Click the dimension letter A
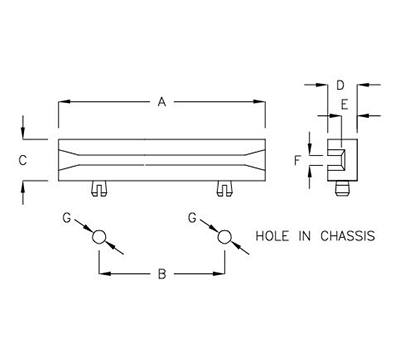click(x=161, y=100)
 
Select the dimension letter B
click(x=160, y=275)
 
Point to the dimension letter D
click(x=341, y=86)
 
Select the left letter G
click(x=67, y=217)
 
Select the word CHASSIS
click(x=345, y=237)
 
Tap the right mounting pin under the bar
click(x=224, y=186)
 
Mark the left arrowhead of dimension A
click(x=62, y=100)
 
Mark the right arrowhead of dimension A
click(x=263, y=100)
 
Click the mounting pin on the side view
click(x=343, y=184)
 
